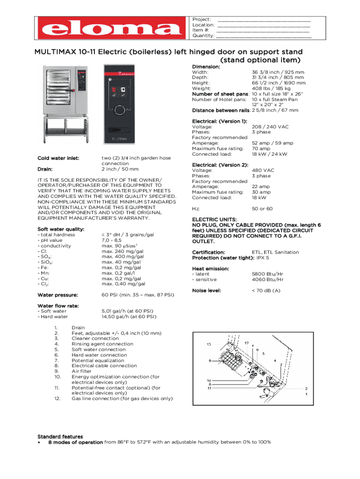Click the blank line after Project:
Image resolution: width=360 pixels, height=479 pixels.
(x=264, y=20)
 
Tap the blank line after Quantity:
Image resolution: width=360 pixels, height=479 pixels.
(x=264, y=36)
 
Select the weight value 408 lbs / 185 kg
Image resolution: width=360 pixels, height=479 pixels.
(x=271, y=88)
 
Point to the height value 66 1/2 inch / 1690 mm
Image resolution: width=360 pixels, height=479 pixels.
(x=279, y=83)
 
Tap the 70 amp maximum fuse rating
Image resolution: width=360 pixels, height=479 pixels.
(x=261, y=149)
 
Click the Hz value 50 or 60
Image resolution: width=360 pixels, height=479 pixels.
(x=262, y=209)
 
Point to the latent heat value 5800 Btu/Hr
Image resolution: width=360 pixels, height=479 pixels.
(x=267, y=274)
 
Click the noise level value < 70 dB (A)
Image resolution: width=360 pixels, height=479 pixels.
(x=266, y=291)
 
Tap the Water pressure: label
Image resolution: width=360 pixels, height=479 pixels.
(x=57, y=295)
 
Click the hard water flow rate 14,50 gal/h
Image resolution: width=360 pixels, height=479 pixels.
(x=129, y=317)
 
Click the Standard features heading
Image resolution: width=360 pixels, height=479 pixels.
(x=60, y=436)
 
